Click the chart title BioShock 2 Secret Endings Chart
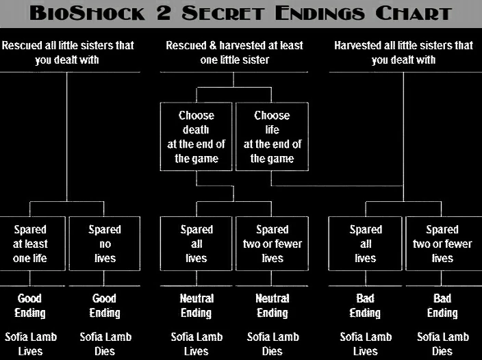[x=241, y=13]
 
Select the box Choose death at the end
[x=196, y=137]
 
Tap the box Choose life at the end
[x=272, y=137]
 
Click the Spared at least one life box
[x=30, y=244]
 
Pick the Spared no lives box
[x=105, y=244]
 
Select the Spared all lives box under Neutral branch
[x=196, y=244]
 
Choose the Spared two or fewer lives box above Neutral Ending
[x=272, y=244]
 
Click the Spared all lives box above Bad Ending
[x=366, y=244]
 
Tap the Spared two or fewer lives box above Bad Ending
[x=442, y=244]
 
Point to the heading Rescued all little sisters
[x=68, y=53]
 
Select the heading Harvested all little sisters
[x=403, y=53]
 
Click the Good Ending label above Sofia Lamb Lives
[x=30, y=305]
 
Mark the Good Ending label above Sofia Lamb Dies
[x=105, y=305]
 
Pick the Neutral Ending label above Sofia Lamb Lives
[x=196, y=305]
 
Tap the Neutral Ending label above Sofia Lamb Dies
[x=272, y=305]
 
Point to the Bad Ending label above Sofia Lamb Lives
[x=366, y=305]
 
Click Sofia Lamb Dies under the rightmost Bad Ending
[x=442, y=344]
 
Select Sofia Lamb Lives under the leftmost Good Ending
[x=30, y=344]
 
